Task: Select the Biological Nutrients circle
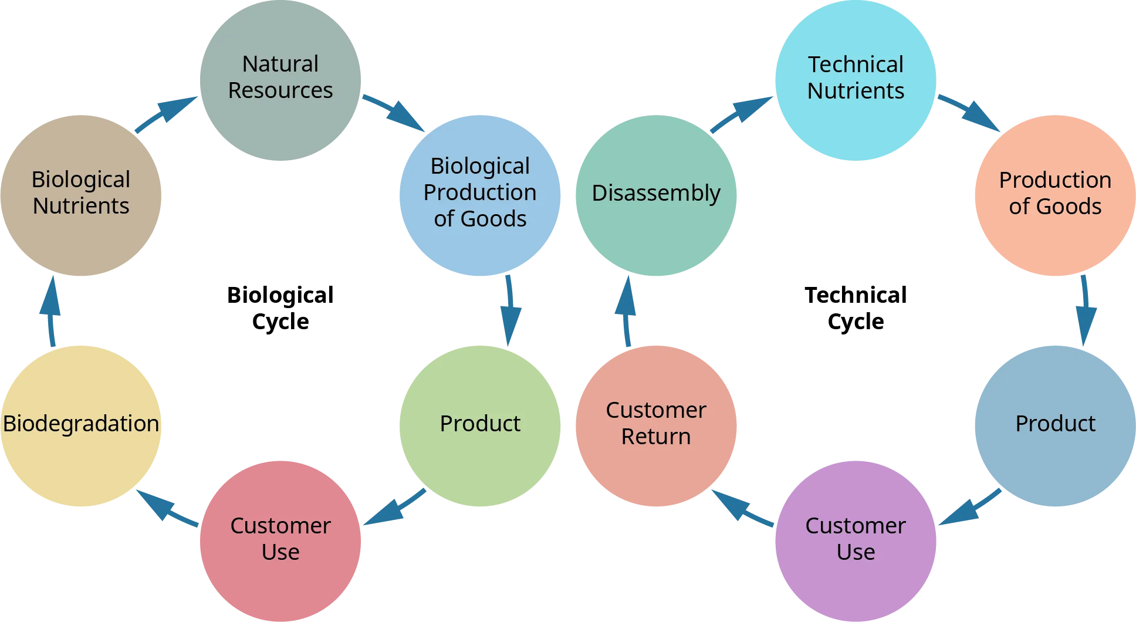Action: pos(81,194)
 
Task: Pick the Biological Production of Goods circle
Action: pos(480,194)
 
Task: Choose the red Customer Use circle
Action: pos(280,540)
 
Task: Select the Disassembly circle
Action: pos(656,194)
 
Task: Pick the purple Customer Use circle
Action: pos(856,540)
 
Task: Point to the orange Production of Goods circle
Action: pos(1055,194)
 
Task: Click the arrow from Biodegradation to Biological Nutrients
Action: pos(51,310)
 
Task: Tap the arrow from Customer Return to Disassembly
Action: pos(627,310)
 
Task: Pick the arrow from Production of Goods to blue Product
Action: pos(1084,310)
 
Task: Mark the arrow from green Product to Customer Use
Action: pos(393,506)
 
